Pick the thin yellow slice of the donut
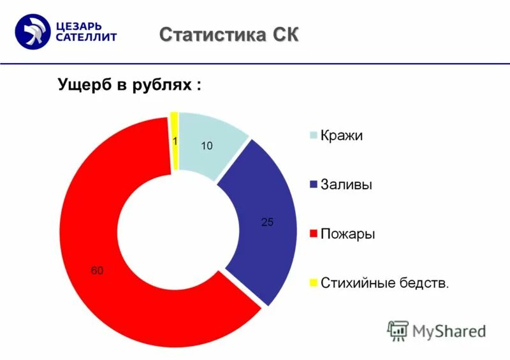coord(174,140)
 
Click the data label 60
coord(96,271)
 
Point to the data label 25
coord(267,222)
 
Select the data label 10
coord(206,146)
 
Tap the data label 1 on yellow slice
coord(175,142)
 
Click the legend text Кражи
coord(342,136)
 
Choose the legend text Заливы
coord(347,185)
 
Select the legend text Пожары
coord(347,234)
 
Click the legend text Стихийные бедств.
coord(385,282)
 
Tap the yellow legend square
coord(312,282)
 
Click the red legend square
coord(312,234)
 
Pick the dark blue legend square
coord(312,185)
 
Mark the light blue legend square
coord(312,136)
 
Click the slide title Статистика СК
coord(229,34)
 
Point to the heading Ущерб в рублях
coord(130,85)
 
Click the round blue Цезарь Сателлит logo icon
coord(33,32)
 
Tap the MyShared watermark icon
coord(398,330)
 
